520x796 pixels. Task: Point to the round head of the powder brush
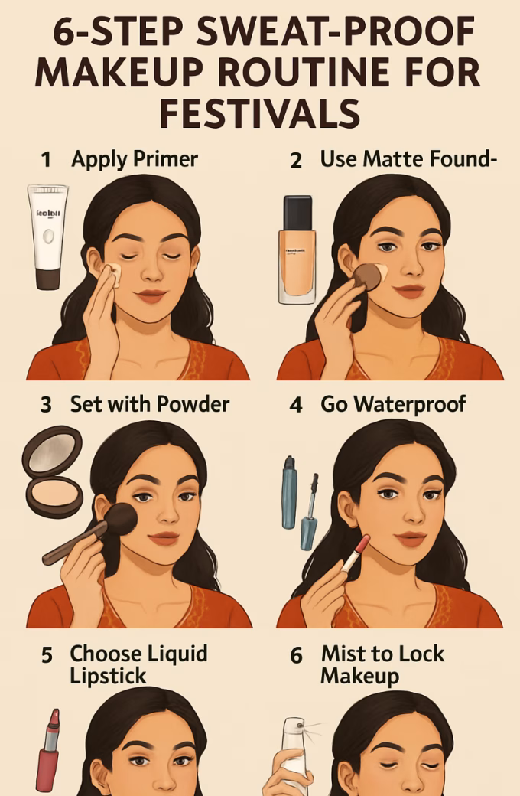pyautogui.click(x=120, y=519)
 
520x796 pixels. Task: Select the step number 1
pyautogui.click(x=47, y=160)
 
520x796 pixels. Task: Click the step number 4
pyautogui.click(x=296, y=405)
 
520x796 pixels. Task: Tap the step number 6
pyautogui.click(x=297, y=656)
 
